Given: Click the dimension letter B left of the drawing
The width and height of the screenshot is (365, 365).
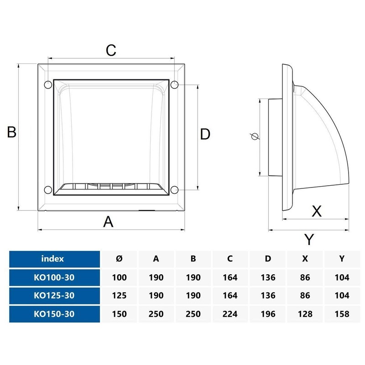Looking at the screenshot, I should click(12, 132).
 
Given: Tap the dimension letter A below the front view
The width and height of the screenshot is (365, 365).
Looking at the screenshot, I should click(108, 222).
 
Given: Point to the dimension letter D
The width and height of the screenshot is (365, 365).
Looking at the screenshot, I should click(205, 134).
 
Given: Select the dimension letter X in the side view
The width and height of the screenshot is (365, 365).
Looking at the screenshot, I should click(316, 211).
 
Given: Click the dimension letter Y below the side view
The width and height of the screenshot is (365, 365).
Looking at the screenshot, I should click(310, 239).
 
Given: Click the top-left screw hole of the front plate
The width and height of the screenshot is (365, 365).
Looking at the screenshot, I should click(47, 84).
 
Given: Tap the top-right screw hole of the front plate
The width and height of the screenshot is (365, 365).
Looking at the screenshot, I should click(175, 84).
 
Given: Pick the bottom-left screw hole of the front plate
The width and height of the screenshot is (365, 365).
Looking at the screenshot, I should click(47, 189).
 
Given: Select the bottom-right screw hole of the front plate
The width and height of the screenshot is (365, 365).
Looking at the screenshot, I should click(175, 189).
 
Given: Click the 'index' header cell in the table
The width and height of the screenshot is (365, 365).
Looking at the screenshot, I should click(52, 259).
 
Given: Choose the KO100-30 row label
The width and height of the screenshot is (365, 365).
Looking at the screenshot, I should click(54, 277).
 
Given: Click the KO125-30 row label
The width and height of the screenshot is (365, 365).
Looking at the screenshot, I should click(54, 295).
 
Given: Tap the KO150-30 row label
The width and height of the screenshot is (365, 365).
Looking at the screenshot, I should click(54, 313).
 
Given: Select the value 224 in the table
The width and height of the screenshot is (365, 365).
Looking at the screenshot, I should click(230, 313).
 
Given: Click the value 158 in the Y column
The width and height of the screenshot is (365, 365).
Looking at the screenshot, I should click(342, 313).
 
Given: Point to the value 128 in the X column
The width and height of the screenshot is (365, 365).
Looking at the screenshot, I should click(304, 313).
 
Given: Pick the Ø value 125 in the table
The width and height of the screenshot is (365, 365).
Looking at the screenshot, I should click(119, 295).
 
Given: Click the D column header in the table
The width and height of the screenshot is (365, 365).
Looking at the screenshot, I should click(267, 259).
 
